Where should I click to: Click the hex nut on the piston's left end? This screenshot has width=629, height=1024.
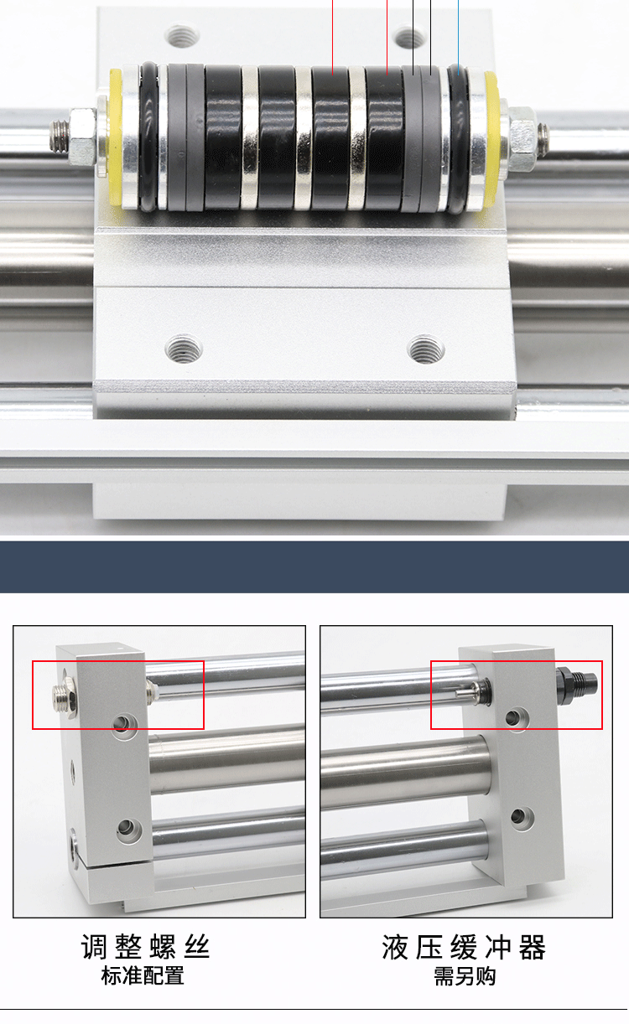83,137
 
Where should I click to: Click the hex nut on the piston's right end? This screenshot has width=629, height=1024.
522,132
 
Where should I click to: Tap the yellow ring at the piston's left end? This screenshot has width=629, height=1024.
115,137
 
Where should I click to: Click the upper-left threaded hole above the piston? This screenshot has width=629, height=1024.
182,35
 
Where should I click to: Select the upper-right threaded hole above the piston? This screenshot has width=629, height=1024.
410,38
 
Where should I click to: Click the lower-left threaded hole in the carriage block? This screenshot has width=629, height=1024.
184,349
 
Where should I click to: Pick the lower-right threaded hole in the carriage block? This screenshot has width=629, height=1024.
425,349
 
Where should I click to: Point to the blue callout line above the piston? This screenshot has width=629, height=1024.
458,38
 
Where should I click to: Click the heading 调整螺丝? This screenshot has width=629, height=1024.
145,947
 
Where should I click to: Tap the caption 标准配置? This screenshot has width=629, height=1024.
143,975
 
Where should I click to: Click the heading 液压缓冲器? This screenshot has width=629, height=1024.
464,947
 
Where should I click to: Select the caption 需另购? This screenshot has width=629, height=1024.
465,975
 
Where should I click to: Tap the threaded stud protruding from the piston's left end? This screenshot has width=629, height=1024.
59,137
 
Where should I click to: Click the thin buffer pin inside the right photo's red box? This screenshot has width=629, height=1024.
465,693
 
